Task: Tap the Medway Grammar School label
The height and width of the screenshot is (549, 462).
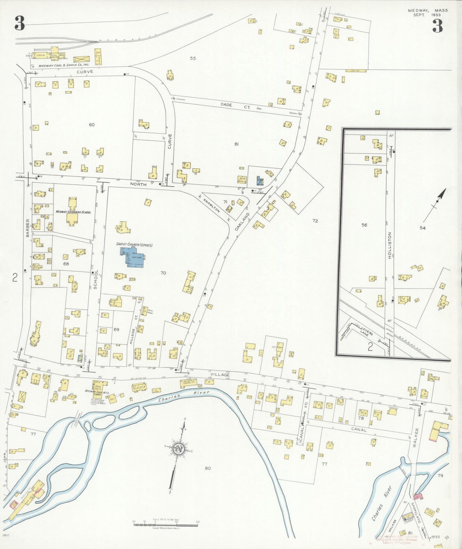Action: pyautogui.click(x=73, y=212)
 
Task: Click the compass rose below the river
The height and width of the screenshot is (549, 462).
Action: pyautogui.click(x=178, y=448)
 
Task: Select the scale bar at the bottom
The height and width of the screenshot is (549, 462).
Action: pyautogui.click(x=166, y=525)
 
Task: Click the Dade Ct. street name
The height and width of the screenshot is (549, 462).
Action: pyautogui.click(x=235, y=106)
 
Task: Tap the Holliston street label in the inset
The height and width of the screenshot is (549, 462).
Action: pyautogui.click(x=389, y=243)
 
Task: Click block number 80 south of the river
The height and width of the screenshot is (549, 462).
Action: pyautogui.click(x=208, y=468)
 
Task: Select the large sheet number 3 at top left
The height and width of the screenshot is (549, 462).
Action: pyautogui.click(x=20, y=23)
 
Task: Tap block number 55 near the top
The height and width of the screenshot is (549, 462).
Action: pyautogui.click(x=192, y=58)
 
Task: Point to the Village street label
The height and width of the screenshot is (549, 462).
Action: pyautogui.click(x=220, y=374)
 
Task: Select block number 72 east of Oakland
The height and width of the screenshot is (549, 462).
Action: pyautogui.click(x=315, y=221)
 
